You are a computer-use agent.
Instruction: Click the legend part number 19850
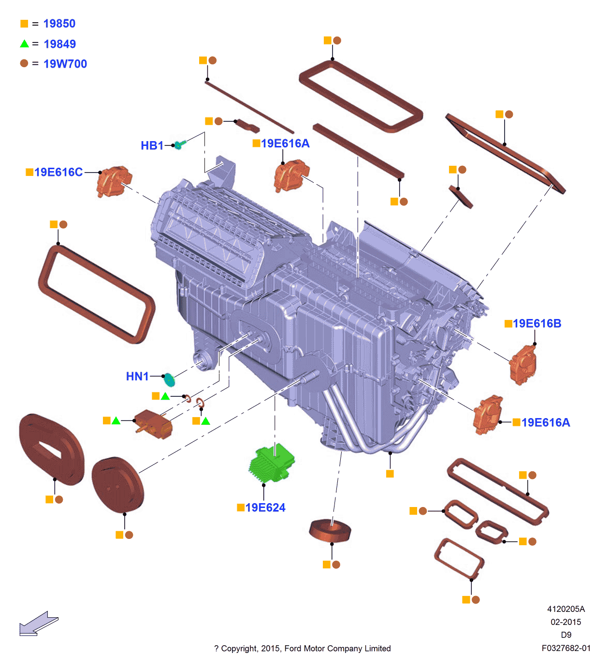pos(59,24)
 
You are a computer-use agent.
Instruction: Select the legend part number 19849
pos(59,44)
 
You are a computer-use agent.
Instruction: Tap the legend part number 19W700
pos(65,64)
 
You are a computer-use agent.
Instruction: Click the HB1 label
pos(152,145)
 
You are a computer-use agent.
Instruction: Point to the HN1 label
pos(137,377)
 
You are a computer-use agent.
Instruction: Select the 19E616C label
pos(58,172)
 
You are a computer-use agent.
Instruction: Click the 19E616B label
pos(536,323)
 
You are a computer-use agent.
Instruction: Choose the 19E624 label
pos(265,507)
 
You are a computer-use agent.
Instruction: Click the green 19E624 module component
pos(272,464)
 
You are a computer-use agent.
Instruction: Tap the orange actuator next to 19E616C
pos(114,181)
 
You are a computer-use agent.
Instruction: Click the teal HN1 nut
pos(169,379)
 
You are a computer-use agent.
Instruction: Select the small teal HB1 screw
pos(179,144)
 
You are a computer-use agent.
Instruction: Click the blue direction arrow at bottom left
pos(38,624)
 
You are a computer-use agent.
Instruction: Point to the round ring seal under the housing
pos(330,530)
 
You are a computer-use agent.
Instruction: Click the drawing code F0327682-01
pos(565,648)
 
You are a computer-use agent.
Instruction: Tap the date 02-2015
pos(565,622)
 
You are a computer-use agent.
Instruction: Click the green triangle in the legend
pos(25,44)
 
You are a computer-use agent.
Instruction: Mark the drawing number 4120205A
pos(565,609)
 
